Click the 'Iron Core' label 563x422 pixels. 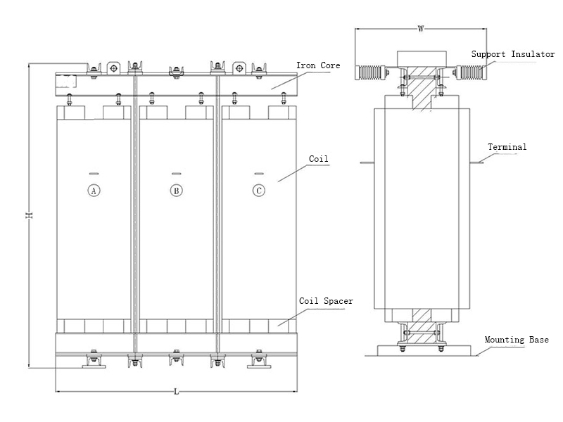pos(318,65)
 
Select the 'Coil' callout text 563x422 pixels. pos(319,160)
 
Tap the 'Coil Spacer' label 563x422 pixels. pos(326,301)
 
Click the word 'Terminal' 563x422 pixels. pos(507,147)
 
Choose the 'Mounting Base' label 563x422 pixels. pos(517,340)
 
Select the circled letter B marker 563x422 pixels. pos(176,190)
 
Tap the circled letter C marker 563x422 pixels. pos(260,190)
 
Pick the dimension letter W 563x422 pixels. pos(420,30)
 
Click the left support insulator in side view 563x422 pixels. pos(370,72)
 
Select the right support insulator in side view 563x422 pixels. pos(469,72)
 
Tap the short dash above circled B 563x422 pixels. pos(176,173)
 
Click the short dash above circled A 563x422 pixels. pos(93,173)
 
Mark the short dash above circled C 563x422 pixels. pos(260,173)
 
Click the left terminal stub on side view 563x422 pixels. pos(367,163)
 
